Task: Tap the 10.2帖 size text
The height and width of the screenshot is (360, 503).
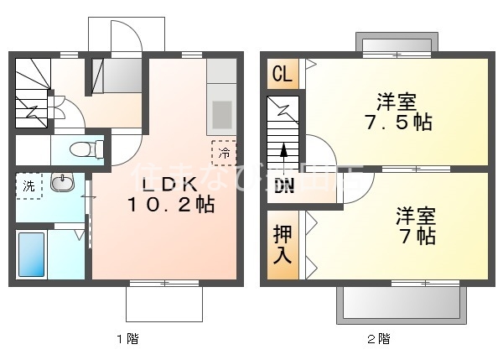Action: point(171,204)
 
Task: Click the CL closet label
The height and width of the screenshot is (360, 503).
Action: point(283,74)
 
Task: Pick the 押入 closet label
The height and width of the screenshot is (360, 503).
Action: point(283,243)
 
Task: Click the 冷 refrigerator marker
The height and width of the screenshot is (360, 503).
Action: point(225,153)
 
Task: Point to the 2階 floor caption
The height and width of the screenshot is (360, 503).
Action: point(377,339)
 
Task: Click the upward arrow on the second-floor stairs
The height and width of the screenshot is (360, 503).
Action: point(283,151)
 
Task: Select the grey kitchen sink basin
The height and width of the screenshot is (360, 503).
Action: point(223,112)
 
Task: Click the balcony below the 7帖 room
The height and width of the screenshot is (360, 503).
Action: point(401,302)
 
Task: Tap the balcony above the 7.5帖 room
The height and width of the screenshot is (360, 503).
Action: point(396,43)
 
